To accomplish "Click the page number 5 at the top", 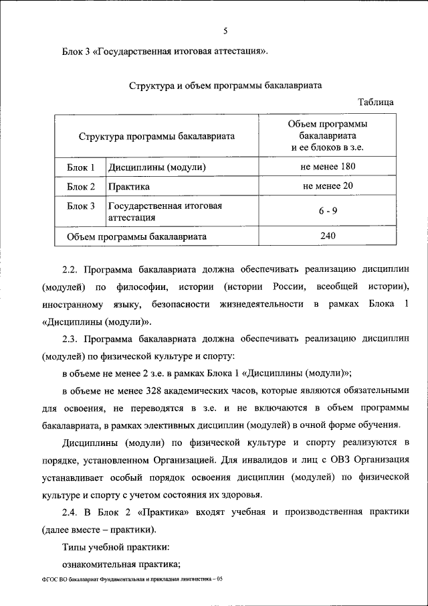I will tap(225, 30).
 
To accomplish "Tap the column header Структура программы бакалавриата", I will tap(156, 136).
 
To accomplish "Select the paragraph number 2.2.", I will tap(70, 271).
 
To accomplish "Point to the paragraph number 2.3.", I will tap(70, 339).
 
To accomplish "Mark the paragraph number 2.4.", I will tap(70, 512).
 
